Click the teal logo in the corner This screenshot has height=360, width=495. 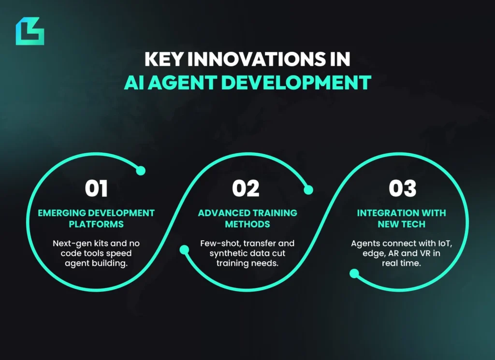29,31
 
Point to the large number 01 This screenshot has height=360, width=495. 97,188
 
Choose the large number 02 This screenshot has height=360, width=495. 246,188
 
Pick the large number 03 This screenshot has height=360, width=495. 403,188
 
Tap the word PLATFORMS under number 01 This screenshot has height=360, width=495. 96,224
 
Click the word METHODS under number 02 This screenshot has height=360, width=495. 247,224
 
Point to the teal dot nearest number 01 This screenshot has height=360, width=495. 141,171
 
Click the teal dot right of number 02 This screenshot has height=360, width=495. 308,190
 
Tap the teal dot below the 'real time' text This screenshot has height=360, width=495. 354,274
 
